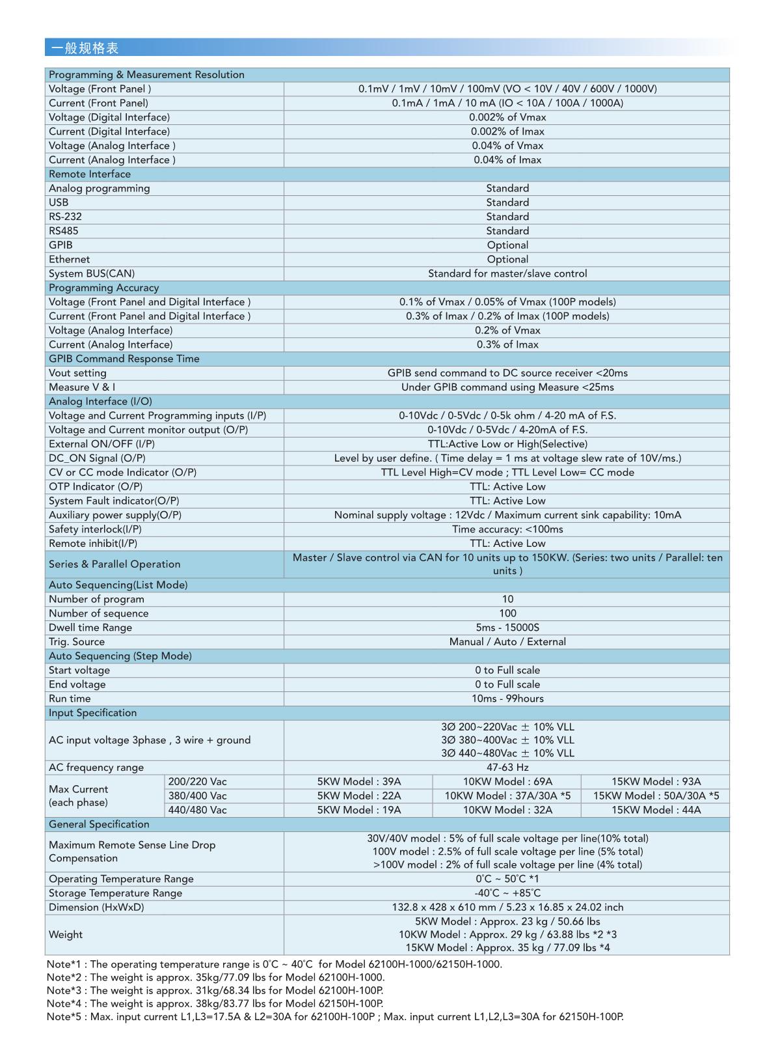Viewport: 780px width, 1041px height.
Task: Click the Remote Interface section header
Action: click(x=90, y=174)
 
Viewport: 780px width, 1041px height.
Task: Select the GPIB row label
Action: click(x=61, y=245)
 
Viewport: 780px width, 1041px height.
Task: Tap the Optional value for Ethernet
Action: click(x=507, y=259)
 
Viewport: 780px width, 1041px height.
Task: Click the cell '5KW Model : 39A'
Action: click(x=358, y=781)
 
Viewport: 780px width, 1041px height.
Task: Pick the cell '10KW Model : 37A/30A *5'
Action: click(x=507, y=796)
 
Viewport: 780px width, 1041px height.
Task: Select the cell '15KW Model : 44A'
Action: click(x=656, y=810)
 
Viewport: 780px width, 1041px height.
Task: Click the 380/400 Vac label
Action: click(x=198, y=796)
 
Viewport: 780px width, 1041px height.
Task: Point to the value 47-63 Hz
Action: click(x=507, y=767)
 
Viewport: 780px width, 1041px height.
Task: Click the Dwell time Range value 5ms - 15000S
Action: click(x=507, y=628)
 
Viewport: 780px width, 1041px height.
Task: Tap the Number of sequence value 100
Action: click(x=507, y=613)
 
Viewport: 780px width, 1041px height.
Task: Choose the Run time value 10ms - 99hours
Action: click(x=507, y=699)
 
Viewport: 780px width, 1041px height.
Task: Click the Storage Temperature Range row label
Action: click(x=115, y=893)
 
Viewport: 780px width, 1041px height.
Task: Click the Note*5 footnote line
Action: click(x=334, y=1016)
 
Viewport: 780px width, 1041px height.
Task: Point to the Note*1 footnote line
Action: click(x=274, y=964)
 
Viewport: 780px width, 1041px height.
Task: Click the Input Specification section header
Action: click(x=92, y=713)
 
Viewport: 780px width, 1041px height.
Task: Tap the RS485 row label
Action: click(x=63, y=230)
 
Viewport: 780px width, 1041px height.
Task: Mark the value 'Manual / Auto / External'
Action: click(x=507, y=642)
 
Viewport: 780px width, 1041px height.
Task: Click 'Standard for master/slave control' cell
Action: click(x=507, y=273)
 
